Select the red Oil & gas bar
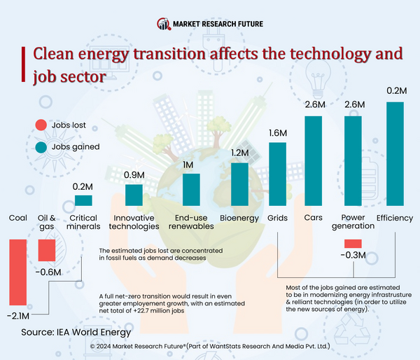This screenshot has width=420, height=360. [x=46, y=250]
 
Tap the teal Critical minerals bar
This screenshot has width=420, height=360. [x=83, y=200]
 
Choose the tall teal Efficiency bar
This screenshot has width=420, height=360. [x=395, y=154]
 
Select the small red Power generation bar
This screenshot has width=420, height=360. [x=353, y=243]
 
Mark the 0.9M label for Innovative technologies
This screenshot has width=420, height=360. [x=134, y=174]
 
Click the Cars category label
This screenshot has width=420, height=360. [x=313, y=219]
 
